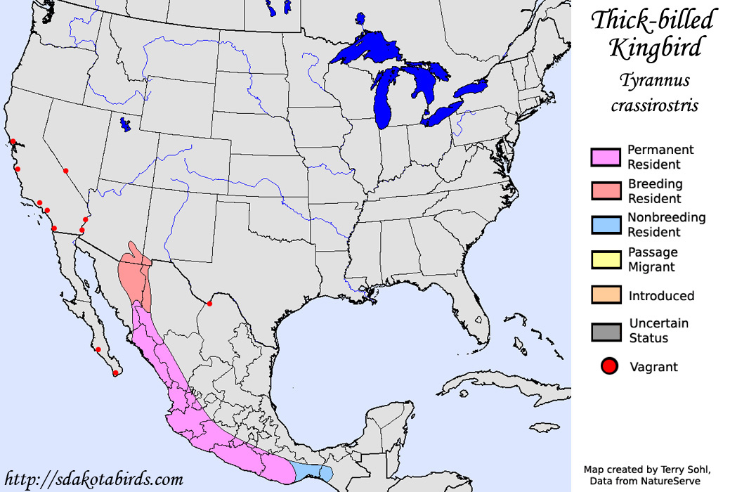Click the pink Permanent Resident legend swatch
pyautogui.click(x=606, y=157)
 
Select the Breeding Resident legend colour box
pyautogui.click(x=606, y=190)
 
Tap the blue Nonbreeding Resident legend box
pyautogui.click(x=606, y=225)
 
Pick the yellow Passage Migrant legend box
pyautogui.click(x=606, y=259)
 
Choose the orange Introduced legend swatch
pyautogui.click(x=606, y=295)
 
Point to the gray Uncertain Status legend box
pyautogui.click(x=606, y=331)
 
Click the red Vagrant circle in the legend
pyautogui.click(x=608, y=366)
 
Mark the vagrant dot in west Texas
pyautogui.click(x=209, y=304)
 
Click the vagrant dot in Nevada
pyautogui.click(x=66, y=171)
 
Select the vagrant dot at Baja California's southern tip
pyautogui.click(x=115, y=373)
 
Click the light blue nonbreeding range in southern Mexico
pyautogui.click(x=309, y=471)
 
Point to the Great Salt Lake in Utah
pyautogui.click(x=125, y=124)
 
